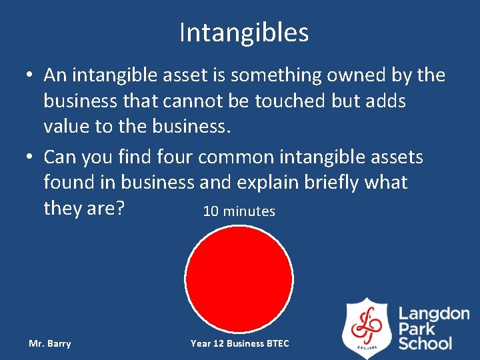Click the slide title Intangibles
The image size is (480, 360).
pyautogui.click(x=243, y=32)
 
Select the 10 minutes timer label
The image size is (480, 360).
pyautogui.click(x=239, y=211)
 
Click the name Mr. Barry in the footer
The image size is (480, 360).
pyautogui.click(x=50, y=344)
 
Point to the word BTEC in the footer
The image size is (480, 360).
pyautogui.click(x=277, y=344)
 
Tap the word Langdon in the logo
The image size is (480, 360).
pyautogui.click(x=434, y=313)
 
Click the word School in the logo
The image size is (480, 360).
pyautogui.click(x=425, y=343)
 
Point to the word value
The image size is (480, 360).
pyautogui.click(x=71, y=127)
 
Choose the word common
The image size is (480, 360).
pyautogui.click(x=237, y=157)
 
